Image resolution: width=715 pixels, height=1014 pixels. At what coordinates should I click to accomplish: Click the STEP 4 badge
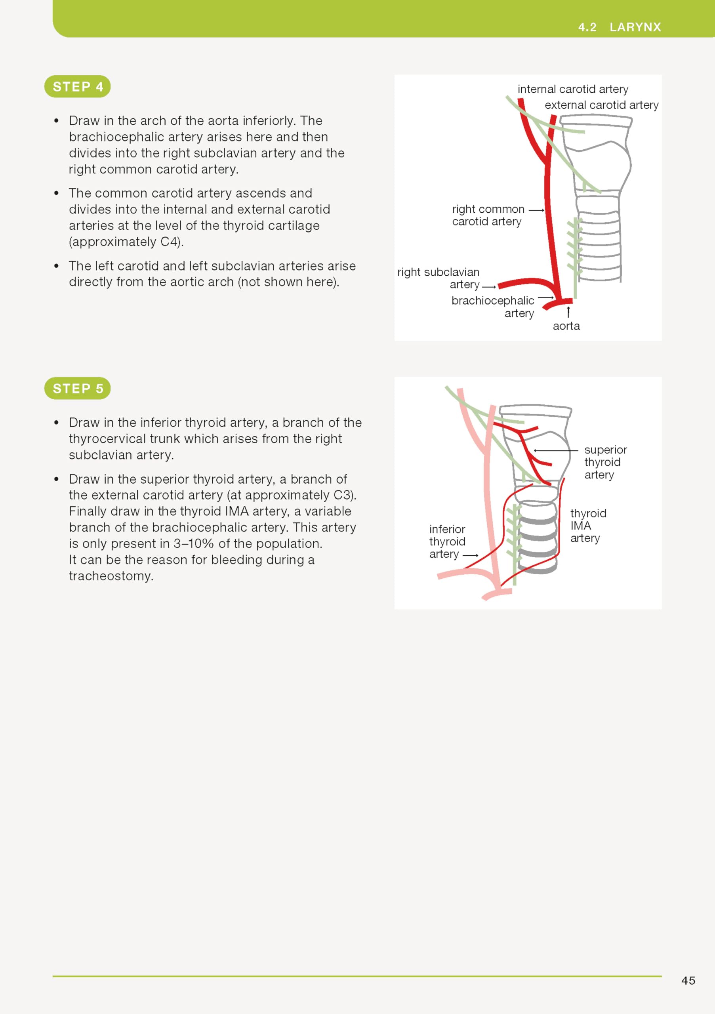(x=77, y=87)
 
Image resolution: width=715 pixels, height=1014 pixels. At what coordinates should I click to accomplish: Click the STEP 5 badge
(x=77, y=389)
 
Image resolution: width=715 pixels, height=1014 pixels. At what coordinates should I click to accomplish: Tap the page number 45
(x=688, y=980)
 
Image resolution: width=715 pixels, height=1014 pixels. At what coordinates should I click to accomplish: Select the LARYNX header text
(x=635, y=27)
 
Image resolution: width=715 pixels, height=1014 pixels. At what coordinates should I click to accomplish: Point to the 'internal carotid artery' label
(x=573, y=89)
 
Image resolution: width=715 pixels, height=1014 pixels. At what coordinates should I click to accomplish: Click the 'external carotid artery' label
(x=601, y=105)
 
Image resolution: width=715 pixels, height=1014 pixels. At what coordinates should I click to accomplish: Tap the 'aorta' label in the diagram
(x=566, y=326)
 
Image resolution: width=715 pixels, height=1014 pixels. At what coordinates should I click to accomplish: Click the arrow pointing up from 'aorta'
(x=568, y=312)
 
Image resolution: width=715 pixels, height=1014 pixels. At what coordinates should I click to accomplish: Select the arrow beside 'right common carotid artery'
(x=536, y=210)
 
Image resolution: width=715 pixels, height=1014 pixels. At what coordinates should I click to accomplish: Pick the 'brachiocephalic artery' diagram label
(x=493, y=307)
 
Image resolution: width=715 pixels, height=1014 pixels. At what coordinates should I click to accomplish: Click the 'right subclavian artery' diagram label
(x=438, y=278)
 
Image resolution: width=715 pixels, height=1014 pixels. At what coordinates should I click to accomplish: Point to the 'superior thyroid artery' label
(x=605, y=462)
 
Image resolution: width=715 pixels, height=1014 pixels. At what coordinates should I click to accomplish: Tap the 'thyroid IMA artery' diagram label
(x=588, y=526)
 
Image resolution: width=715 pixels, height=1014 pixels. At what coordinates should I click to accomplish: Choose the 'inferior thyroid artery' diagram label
(x=447, y=541)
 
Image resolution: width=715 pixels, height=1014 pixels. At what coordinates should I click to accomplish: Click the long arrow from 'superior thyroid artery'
(x=556, y=450)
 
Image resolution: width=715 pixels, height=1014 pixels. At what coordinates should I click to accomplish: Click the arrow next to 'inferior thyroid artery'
(x=470, y=555)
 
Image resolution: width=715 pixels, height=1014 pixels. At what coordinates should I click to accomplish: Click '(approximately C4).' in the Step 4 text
(x=126, y=242)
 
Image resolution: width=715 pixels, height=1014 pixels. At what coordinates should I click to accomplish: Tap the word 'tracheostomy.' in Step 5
(x=111, y=576)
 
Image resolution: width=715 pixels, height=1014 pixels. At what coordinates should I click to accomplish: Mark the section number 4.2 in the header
(x=587, y=27)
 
